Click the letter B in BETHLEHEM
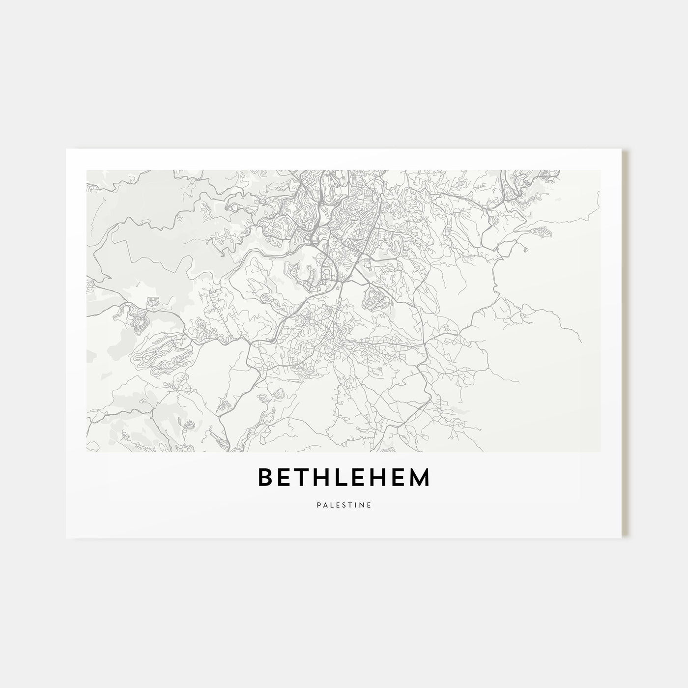[266, 477]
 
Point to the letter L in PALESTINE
[331, 504]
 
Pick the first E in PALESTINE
[337, 504]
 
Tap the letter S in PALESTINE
[343, 504]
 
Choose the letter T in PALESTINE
[349, 504]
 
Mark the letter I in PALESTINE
[355, 504]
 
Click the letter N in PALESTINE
[361, 504]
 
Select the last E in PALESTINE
[369, 504]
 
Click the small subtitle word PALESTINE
[344, 504]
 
